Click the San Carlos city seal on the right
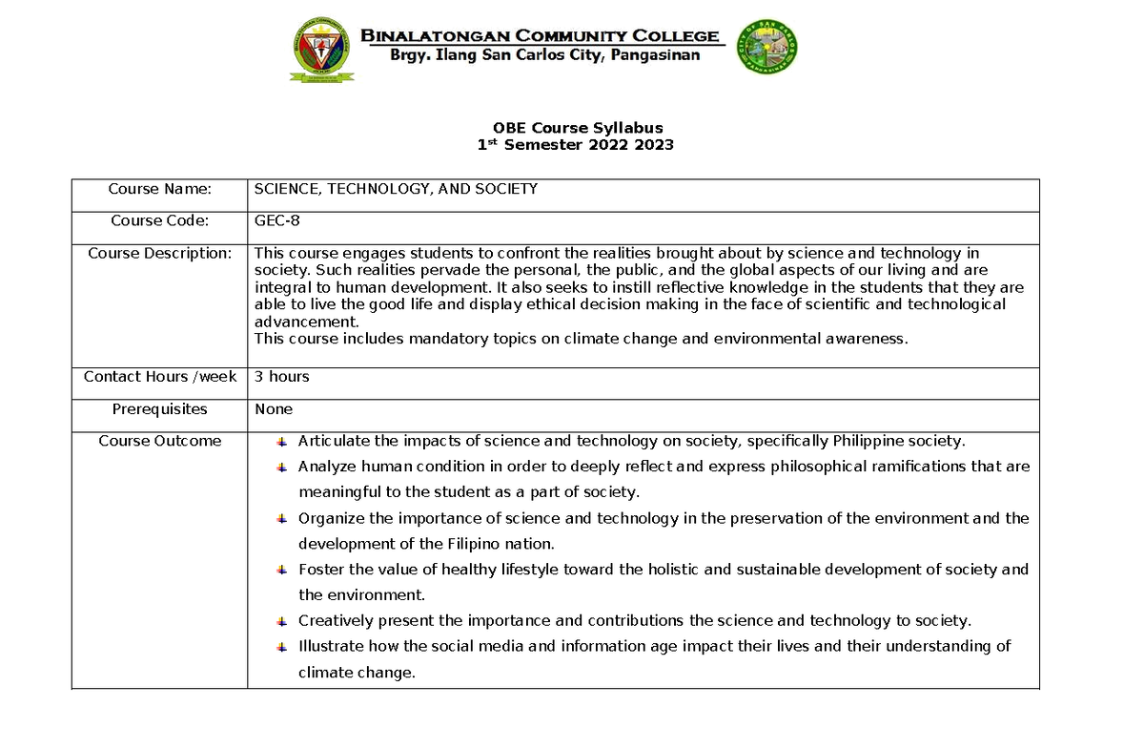(x=767, y=49)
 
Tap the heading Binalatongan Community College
(x=540, y=36)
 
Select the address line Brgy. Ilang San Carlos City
(x=545, y=55)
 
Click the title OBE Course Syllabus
(x=577, y=128)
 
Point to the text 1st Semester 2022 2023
(x=575, y=145)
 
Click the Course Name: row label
(x=159, y=189)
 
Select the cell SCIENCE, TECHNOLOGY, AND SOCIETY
(x=396, y=189)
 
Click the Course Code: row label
(x=159, y=220)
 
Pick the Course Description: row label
(x=159, y=253)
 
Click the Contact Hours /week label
(x=159, y=377)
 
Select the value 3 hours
(x=282, y=377)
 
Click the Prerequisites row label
(x=159, y=409)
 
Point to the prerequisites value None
(x=274, y=409)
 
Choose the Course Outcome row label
(x=159, y=441)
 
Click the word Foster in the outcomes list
(x=320, y=570)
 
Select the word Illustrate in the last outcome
(x=330, y=646)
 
